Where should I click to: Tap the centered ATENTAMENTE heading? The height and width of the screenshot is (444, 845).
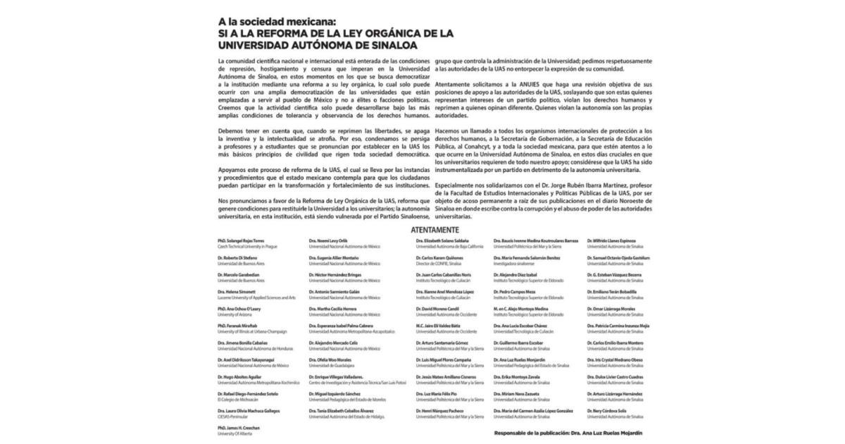(x=434, y=230)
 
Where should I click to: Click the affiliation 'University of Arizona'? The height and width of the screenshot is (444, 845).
(x=234, y=315)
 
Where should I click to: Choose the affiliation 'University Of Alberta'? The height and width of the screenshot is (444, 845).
(x=234, y=433)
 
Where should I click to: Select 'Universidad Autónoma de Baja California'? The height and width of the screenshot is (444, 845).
(x=451, y=247)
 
